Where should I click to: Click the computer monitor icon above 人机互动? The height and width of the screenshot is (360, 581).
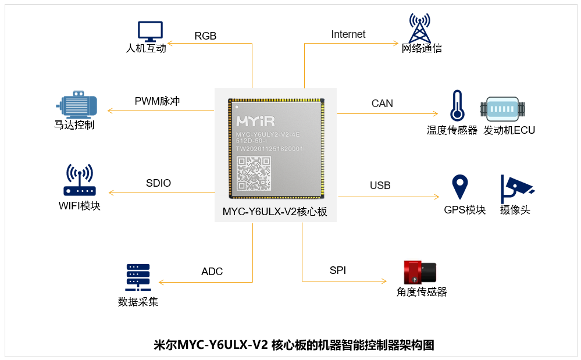click(x=150, y=31)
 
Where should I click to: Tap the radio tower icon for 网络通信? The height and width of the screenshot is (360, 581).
click(x=420, y=28)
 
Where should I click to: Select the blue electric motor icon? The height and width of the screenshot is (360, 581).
click(x=77, y=105)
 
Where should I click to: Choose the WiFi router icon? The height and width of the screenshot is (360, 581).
click(x=79, y=181)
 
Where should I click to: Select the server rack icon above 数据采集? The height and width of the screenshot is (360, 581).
click(x=138, y=277)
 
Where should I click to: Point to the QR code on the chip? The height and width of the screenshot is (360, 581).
click(x=254, y=174)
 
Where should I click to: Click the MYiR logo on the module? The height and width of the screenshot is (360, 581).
click(x=256, y=122)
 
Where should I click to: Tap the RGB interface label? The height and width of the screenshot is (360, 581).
click(x=205, y=36)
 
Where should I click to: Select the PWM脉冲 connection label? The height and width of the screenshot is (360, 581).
click(x=157, y=101)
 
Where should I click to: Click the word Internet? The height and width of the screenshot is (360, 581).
click(x=348, y=34)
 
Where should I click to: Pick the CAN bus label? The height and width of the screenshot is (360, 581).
click(x=382, y=104)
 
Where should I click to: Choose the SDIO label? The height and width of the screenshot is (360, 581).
click(x=158, y=183)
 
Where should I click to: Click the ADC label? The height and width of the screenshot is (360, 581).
click(x=212, y=272)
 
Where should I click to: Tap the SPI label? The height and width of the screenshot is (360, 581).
click(x=338, y=270)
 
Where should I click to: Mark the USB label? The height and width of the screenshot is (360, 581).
click(x=380, y=186)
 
